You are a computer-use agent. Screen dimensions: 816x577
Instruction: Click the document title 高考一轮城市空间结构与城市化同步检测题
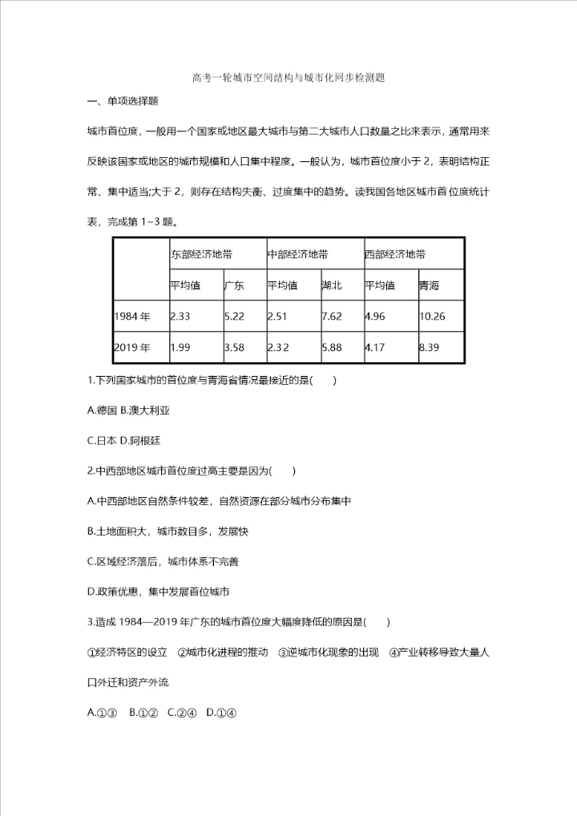(288, 79)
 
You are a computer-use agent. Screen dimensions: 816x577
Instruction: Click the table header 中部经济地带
(297, 255)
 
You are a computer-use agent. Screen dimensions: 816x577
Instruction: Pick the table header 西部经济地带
(395, 255)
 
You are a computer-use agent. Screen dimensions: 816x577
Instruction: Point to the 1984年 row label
(132, 316)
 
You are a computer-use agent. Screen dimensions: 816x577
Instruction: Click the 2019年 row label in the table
(132, 348)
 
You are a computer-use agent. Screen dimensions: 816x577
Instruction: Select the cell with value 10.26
(432, 316)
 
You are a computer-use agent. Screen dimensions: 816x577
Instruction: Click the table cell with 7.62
(332, 316)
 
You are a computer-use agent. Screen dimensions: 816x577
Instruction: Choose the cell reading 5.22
(235, 316)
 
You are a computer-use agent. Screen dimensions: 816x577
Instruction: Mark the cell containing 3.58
(235, 348)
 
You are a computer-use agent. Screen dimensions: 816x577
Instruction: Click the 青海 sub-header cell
(429, 285)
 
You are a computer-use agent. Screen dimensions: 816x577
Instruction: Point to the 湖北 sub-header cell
(331, 285)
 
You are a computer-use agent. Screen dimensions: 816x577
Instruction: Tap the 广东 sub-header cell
(234, 285)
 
